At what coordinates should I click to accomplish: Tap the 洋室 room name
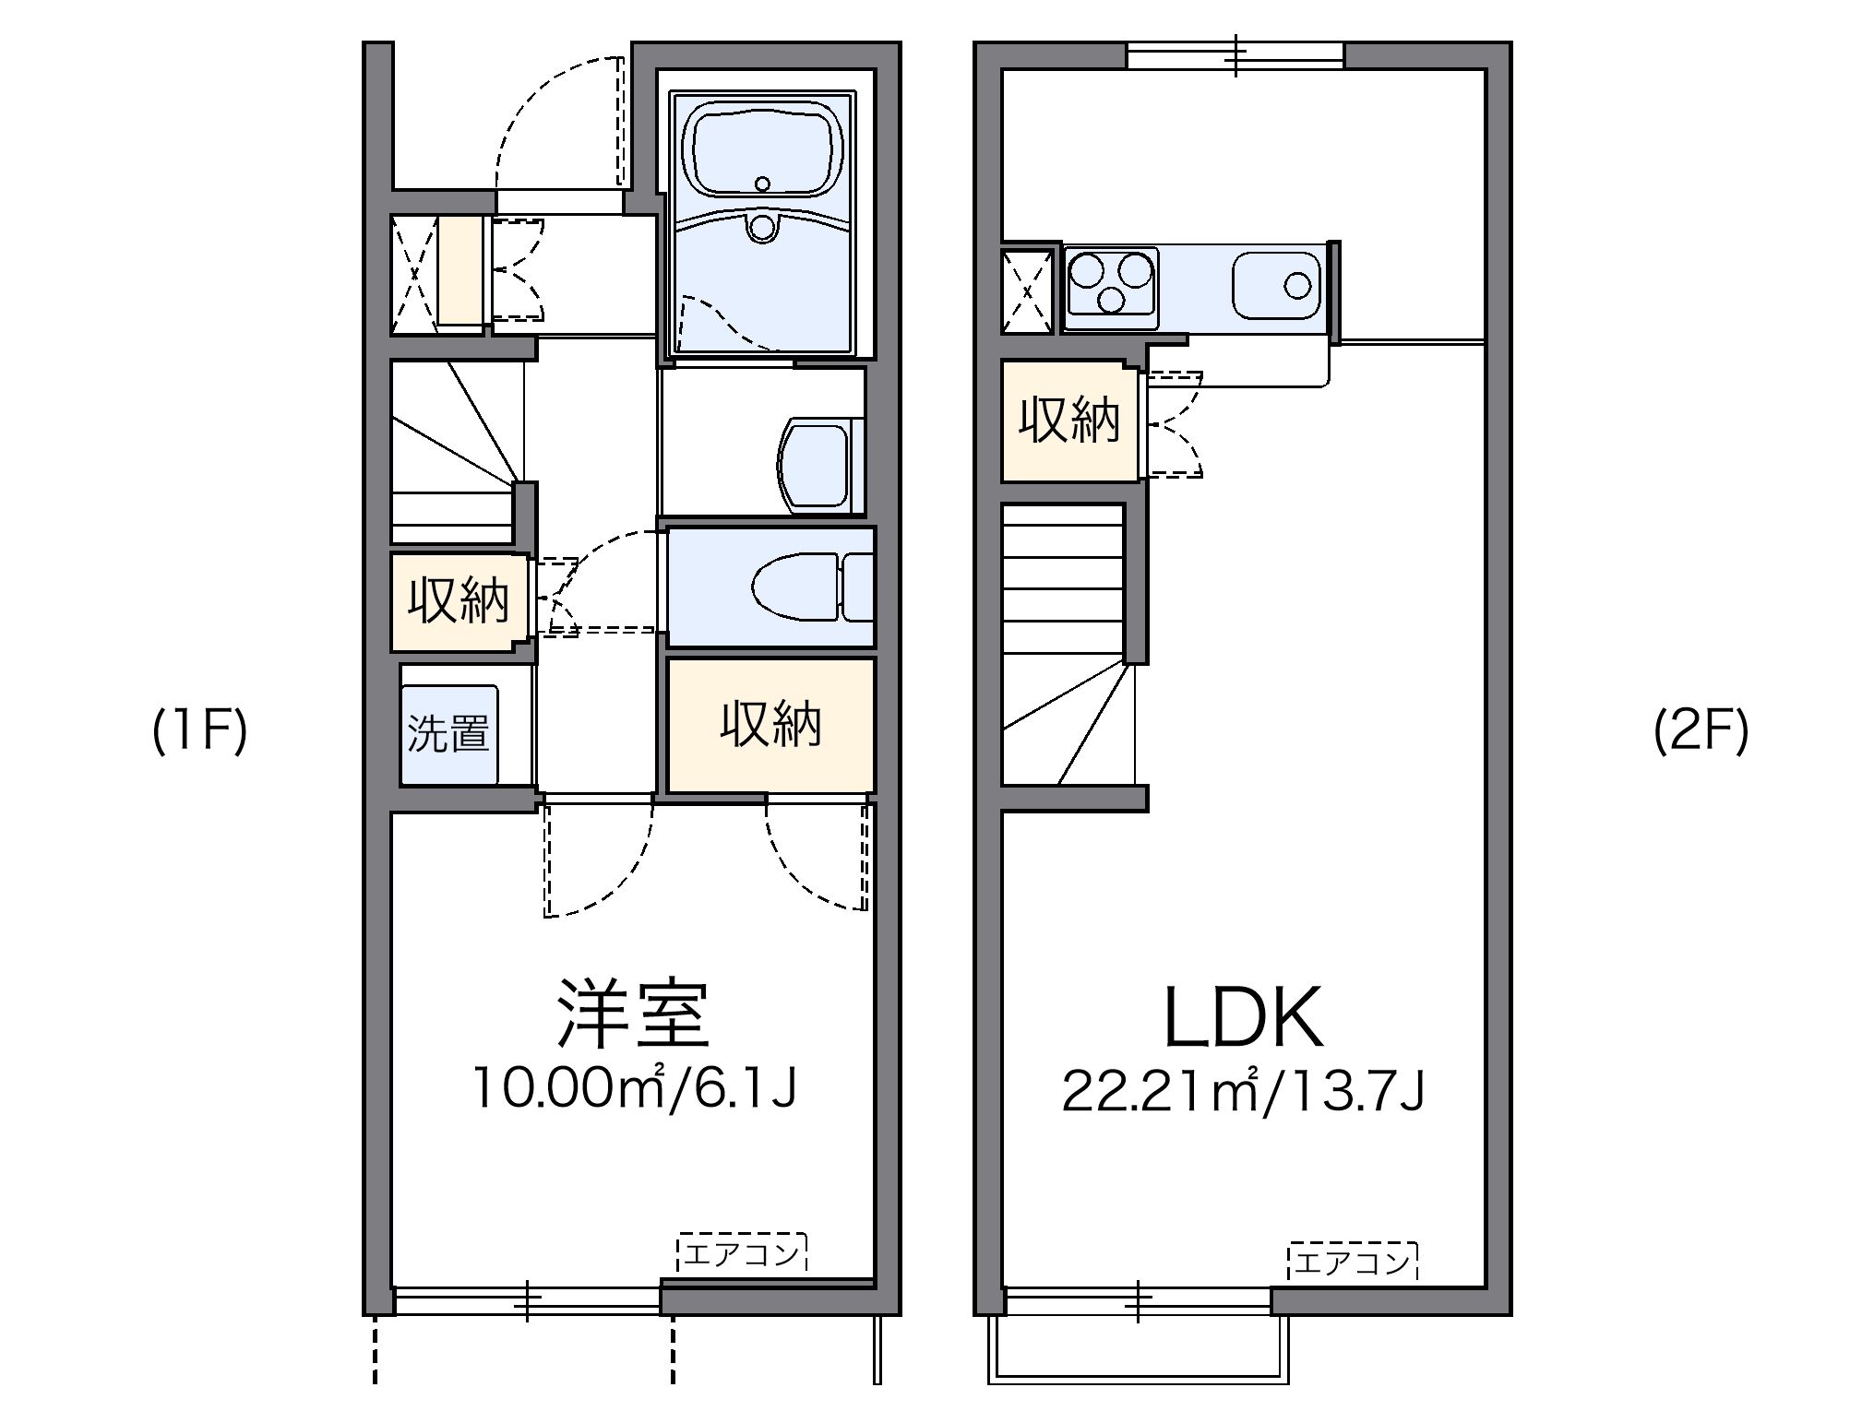[633, 1014]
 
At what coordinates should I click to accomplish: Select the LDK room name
[1244, 1017]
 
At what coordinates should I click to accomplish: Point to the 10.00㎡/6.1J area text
[633, 1088]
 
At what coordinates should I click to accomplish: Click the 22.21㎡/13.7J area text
[1244, 1091]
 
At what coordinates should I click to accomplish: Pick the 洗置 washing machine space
[448, 734]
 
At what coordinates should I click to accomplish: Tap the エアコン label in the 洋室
[742, 1254]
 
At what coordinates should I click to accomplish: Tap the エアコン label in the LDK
[1352, 1262]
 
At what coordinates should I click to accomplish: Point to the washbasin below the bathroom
[818, 465]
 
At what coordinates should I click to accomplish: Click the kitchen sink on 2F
[1277, 285]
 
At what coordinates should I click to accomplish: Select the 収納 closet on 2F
[1069, 421]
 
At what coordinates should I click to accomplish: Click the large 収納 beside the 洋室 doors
[770, 725]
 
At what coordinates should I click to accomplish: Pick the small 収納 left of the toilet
[459, 602]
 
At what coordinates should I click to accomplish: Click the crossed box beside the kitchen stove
[1028, 291]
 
